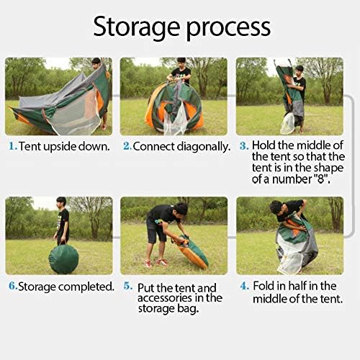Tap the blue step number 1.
click(12, 146)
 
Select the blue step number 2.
click(127, 146)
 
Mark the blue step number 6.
click(12, 286)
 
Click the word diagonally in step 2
click(204, 147)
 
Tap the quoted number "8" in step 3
click(320, 178)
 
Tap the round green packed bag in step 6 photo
click(63, 257)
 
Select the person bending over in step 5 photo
click(162, 227)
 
